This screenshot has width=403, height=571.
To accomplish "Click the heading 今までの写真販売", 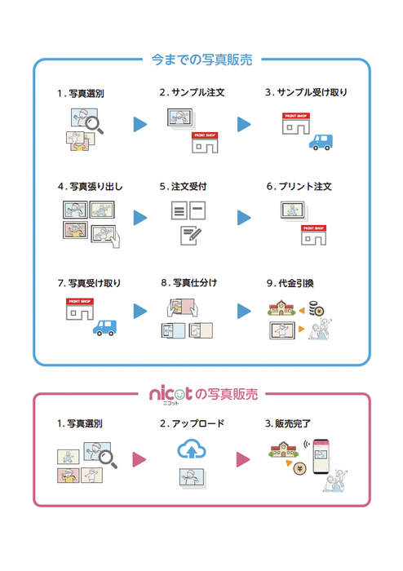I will (201, 60).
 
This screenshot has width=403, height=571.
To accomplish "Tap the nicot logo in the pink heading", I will (170, 394).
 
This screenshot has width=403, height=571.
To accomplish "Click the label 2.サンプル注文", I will (192, 93).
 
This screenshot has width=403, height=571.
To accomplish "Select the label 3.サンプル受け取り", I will (306, 93).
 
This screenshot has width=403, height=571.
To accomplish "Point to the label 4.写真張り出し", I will (91, 187).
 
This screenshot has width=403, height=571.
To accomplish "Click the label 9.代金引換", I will (296, 283).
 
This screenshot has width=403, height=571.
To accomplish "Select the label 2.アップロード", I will (193, 424).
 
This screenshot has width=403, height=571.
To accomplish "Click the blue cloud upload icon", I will (193, 449).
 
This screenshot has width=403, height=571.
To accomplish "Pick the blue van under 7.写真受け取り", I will (102, 327).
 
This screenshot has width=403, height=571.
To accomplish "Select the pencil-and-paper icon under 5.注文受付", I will (191, 236).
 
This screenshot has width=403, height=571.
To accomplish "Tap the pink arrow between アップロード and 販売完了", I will (242, 460).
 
